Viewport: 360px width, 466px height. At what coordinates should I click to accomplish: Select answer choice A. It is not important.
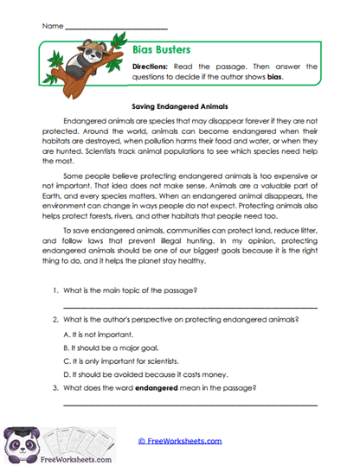[100, 333]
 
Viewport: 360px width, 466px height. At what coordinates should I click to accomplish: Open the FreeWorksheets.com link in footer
[180, 441]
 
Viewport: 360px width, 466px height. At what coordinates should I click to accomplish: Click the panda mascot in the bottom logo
[19, 441]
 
